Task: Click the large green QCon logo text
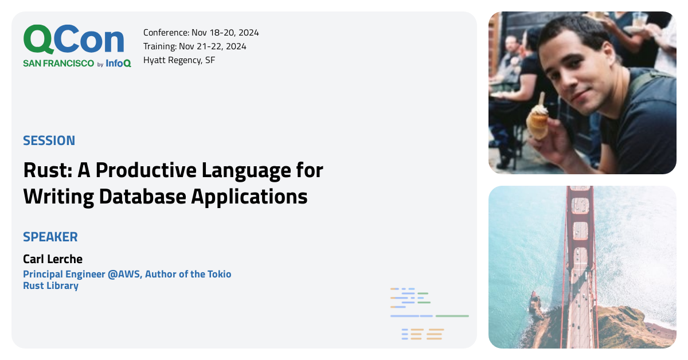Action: [73, 40]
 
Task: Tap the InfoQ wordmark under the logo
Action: [118, 64]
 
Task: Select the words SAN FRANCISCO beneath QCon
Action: [58, 64]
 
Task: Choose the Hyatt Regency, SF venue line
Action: [179, 60]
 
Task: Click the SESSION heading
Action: [49, 140]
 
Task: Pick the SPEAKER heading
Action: [50, 237]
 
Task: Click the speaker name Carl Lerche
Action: [53, 259]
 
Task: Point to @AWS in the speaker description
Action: [124, 274]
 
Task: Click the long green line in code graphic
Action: [452, 316]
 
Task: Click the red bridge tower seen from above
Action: [580, 229]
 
